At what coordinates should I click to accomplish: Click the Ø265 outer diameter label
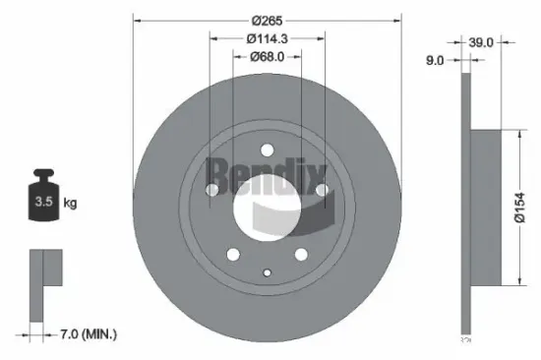(x=268, y=21)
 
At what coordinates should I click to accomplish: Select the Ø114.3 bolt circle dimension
(x=268, y=38)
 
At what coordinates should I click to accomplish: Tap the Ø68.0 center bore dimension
(x=268, y=56)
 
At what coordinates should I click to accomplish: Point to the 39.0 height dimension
(x=480, y=42)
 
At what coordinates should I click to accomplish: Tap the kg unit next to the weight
(x=70, y=204)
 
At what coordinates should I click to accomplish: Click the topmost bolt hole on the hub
(x=267, y=150)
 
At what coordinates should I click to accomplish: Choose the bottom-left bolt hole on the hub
(x=233, y=254)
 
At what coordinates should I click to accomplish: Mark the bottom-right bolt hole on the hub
(x=301, y=254)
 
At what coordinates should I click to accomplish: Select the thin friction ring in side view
(x=466, y=209)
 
